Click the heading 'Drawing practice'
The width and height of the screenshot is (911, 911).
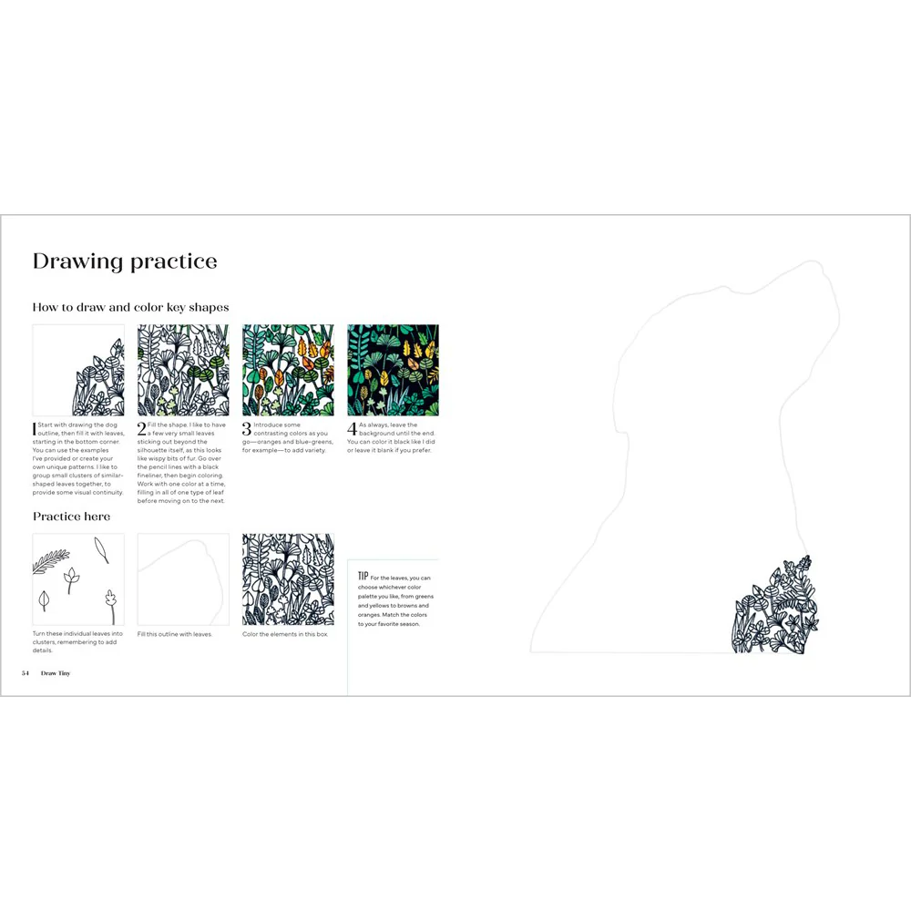pyautogui.click(x=125, y=261)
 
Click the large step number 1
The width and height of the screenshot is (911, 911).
pyautogui.click(x=35, y=428)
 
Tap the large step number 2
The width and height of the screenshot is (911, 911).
pyautogui.click(x=141, y=428)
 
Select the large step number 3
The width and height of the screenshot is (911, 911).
pyautogui.click(x=246, y=428)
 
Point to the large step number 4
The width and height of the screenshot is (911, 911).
pyautogui.click(x=352, y=428)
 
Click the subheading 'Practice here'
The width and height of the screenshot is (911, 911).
pyautogui.click(x=71, y=517)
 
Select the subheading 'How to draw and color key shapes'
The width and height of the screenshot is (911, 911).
pyautogui.click(x=130, y=307)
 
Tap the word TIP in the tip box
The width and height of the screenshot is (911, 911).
pyautogui.click(x=363, y=577)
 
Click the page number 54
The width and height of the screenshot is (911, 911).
pyautogui.click(x=26, y=673)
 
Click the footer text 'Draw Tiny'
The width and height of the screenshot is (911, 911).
pyautogui.click(x=56, y=673)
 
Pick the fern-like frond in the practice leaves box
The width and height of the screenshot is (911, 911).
pyautogui.click(x=51, y=560)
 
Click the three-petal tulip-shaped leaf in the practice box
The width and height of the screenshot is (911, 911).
pyautogui.click(x=70, y=577)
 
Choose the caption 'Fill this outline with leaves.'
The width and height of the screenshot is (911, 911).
pyautogui.click(x=175, y=634)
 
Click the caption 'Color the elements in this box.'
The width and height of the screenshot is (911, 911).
pyautogui.click(x=285, y=634)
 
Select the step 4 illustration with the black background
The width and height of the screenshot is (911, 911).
pyautogui.click(x=393, y=370)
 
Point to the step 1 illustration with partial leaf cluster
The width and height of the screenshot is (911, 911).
pyautogui.click(x=78, y=370)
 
